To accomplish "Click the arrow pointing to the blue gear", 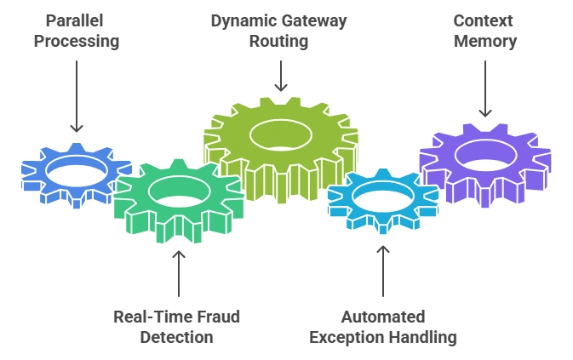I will (77, 94).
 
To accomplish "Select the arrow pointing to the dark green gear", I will (180, 272).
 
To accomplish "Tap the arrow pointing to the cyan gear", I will (384, 272).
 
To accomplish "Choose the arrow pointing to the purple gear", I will (486, 85).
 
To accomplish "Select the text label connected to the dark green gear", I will (180, 327).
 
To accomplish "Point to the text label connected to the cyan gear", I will (384, 327).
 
